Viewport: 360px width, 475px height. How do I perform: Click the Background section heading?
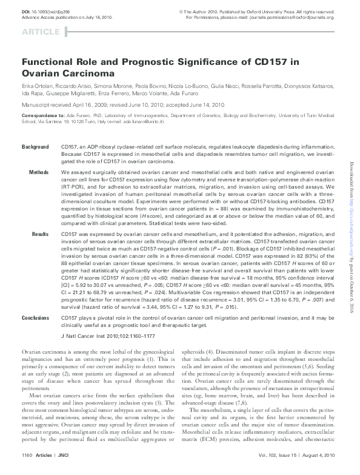[x=35, y=147]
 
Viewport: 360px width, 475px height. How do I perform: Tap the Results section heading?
[x=40, y=233]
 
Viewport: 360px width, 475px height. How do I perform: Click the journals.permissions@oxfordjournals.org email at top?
[x=308, y=18]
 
